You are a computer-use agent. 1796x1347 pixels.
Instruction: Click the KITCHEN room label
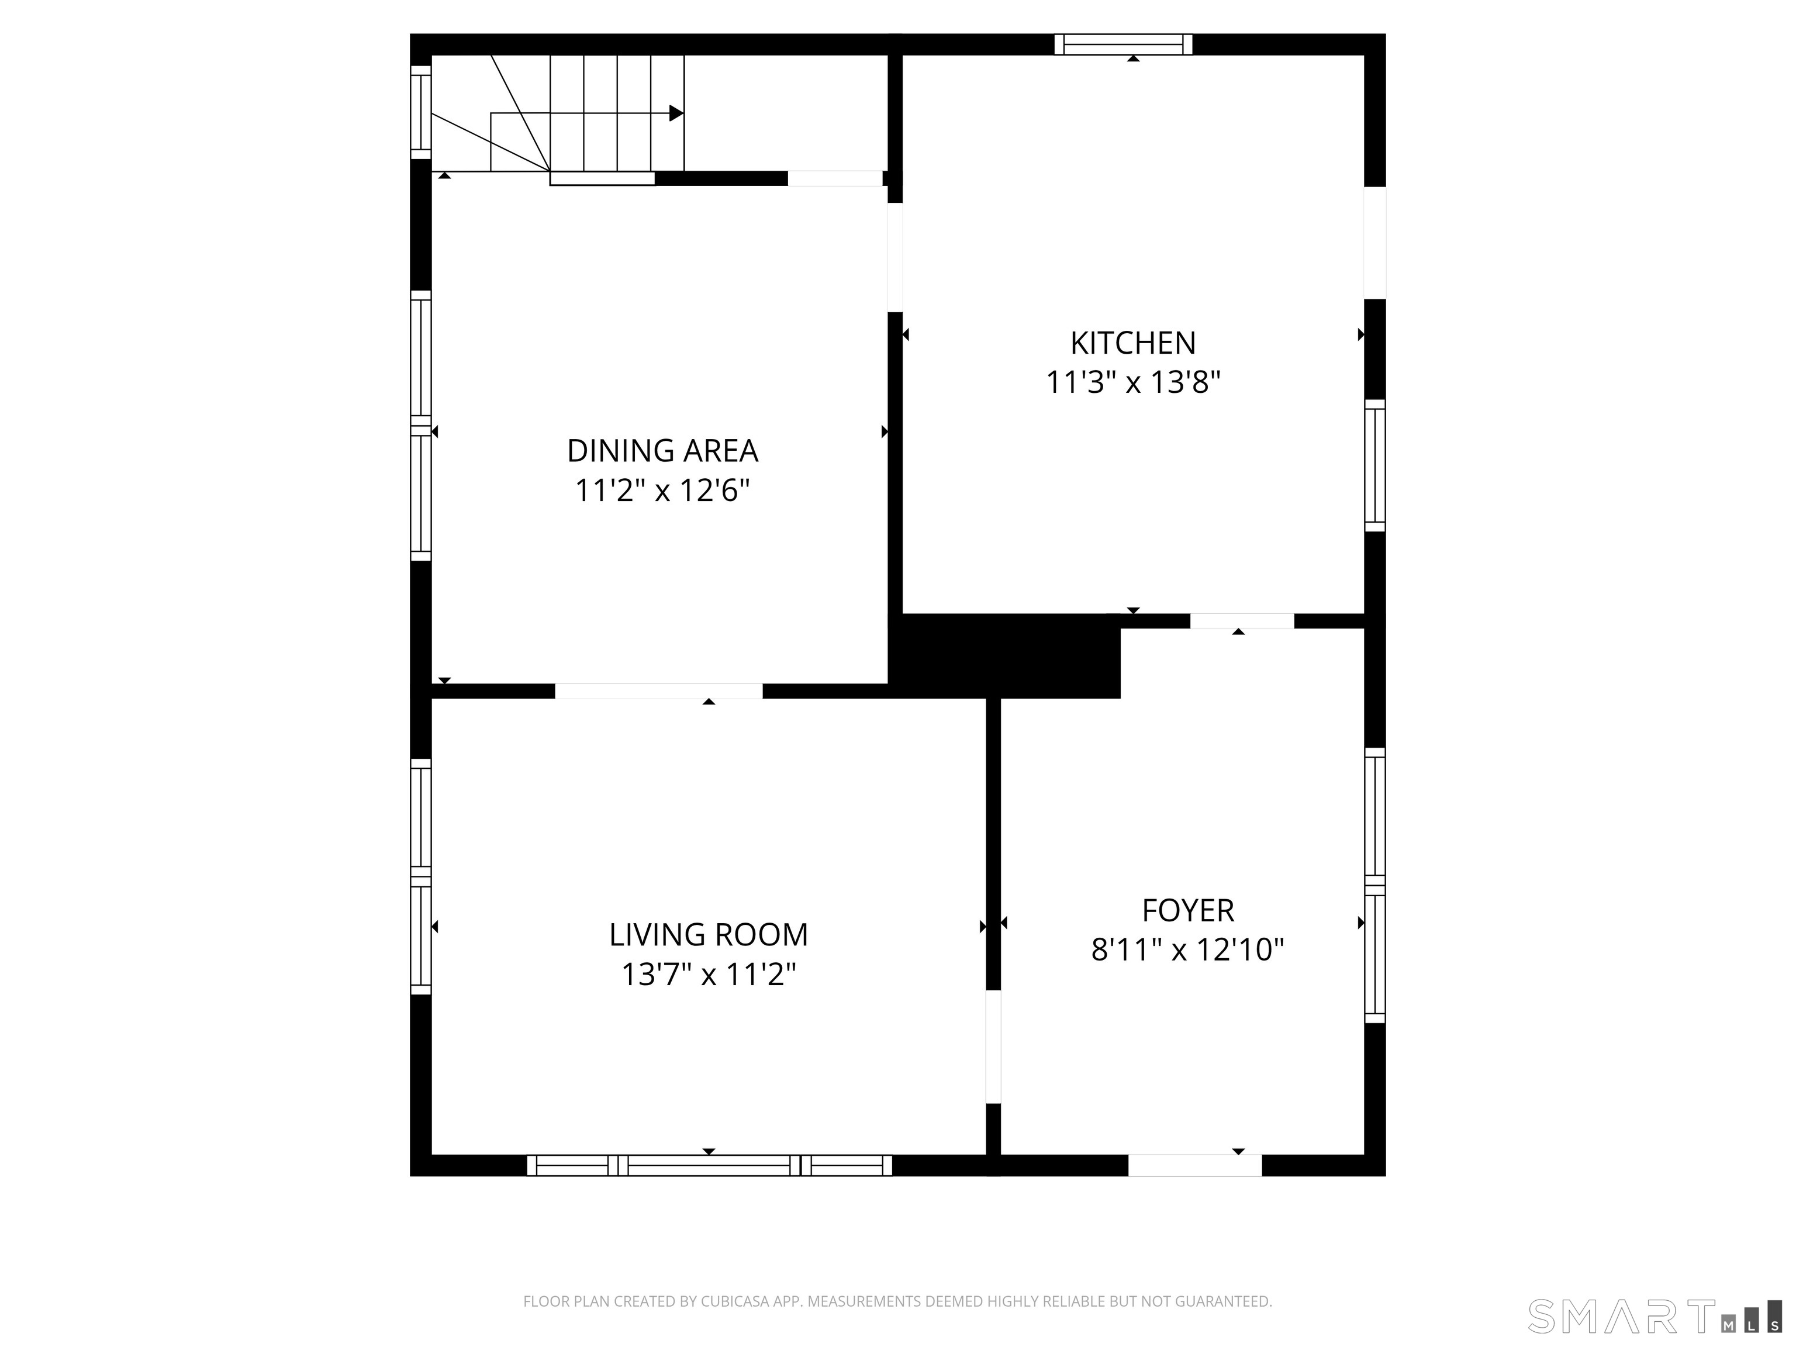1132,343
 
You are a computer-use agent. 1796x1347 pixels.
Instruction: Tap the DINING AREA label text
662,451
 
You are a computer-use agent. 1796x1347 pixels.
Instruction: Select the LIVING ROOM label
708,934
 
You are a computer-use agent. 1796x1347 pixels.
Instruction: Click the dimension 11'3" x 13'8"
1132,382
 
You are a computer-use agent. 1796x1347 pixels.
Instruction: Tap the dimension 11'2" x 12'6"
662,491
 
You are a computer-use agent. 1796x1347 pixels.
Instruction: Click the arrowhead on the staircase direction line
675,113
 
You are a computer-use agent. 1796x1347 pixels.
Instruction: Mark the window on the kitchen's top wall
1123,44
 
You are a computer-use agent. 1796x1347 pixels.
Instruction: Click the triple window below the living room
709,1165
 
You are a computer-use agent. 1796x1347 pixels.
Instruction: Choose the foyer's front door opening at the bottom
1194,1165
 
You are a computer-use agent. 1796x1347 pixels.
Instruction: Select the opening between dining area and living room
658,691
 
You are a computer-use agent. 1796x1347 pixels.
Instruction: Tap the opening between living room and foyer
993,1046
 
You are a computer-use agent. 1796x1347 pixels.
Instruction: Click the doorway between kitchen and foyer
1241,621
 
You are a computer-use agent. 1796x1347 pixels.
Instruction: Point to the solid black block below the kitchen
1007,656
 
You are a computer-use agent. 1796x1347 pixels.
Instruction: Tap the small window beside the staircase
420,113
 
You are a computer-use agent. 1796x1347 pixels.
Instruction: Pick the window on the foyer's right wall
1374,885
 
